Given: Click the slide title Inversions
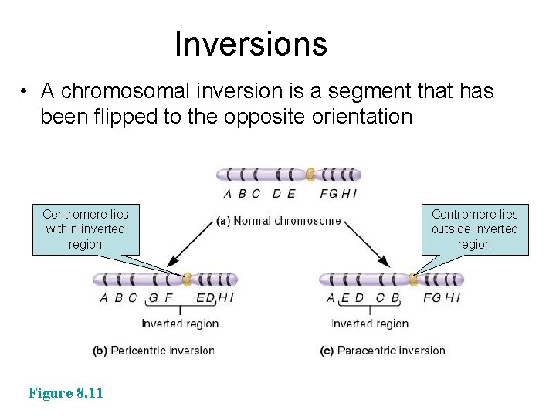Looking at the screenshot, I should pos(250,44).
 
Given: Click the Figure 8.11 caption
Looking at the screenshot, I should pos(66,393).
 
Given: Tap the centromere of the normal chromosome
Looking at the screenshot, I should pos(310,175).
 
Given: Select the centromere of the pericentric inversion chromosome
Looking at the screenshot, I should pos(187,280).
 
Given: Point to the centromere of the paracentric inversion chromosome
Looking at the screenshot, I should pos(413,280).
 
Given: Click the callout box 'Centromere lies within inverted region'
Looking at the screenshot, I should pos(86,229).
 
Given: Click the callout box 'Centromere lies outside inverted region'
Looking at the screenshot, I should pos(474,229).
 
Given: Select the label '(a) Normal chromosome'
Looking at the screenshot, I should pos(279,221).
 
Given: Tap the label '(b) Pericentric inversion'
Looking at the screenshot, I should pos(153,351).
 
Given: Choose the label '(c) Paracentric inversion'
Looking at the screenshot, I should pos(382,351).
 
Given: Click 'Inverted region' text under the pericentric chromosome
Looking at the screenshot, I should pos(180,324).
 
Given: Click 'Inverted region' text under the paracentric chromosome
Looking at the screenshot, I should pos(370,324).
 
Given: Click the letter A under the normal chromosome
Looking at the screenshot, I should pos(227,194).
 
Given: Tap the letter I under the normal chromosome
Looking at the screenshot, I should pos(354,194).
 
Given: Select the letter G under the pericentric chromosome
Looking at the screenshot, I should pos(153,298).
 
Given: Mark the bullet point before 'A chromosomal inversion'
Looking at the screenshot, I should pos(25,92).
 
